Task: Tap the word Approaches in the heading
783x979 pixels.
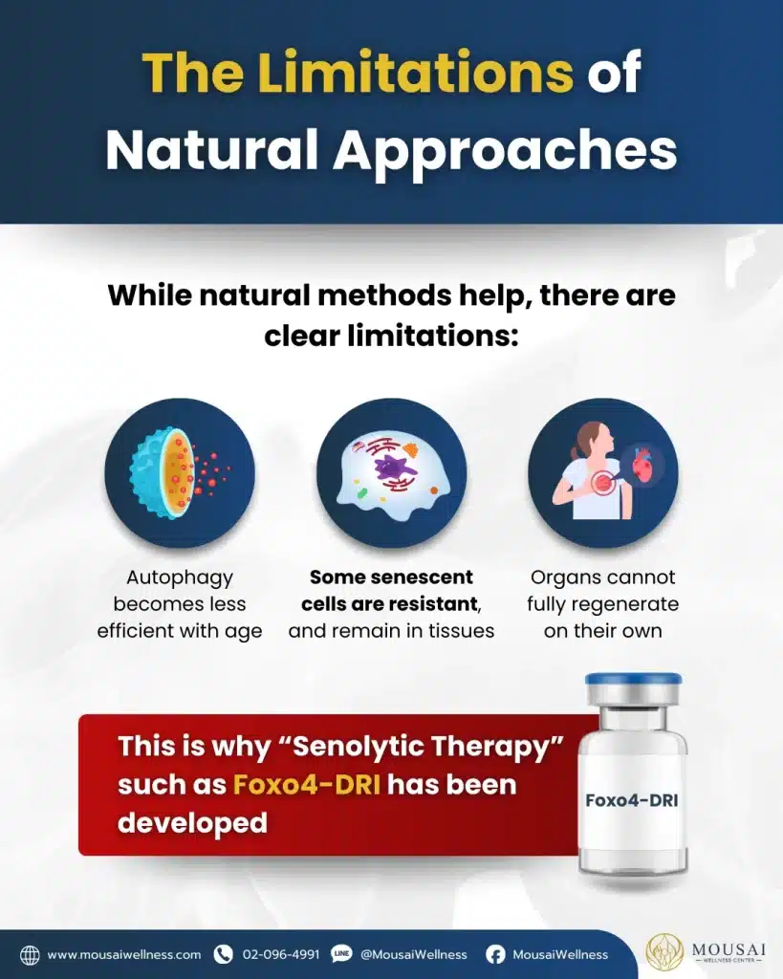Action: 505,152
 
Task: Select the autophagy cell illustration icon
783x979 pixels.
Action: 180,472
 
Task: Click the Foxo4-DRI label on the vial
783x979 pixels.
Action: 631,800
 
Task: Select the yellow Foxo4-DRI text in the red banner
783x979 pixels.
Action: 307,785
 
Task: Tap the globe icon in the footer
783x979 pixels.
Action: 30,955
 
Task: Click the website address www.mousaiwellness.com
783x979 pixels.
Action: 124,955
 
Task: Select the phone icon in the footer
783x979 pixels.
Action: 223,954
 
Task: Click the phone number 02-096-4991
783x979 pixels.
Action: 281,955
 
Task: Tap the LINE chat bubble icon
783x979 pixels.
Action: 341,954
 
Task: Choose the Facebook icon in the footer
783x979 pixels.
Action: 495,955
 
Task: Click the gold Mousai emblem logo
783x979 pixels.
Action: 665,953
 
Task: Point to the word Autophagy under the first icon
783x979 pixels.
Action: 180,578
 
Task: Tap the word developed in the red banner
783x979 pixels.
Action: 192,823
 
